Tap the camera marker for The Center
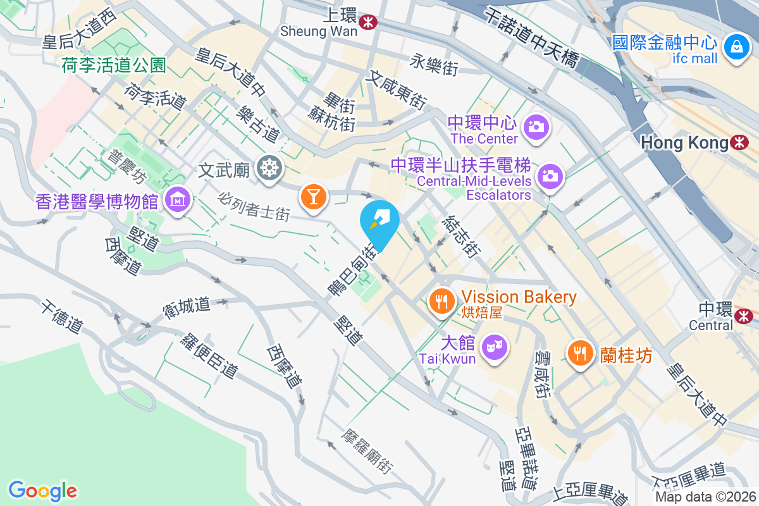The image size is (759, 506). pyautogui.click(x=536, y=126)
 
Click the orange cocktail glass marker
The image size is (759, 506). pyautogui.click(x=312, y=195)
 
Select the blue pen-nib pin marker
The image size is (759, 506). pyautogui.click(x=379, y=222)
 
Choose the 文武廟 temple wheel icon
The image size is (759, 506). pyautogui.click(x=270, y=168)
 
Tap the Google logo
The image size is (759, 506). pyautogui.click(x=43, y=491)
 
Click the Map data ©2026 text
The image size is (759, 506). pyautogui.click(x=705, y=497)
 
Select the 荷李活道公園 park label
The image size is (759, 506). pyautogui.click(x=114, y=65)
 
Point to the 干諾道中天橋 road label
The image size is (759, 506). pyautogui.click(x=531, y=37)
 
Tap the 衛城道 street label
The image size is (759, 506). pyautogui.click(x=186, y=306)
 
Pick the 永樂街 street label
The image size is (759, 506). pyautogui.click(x=434, y=65)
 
